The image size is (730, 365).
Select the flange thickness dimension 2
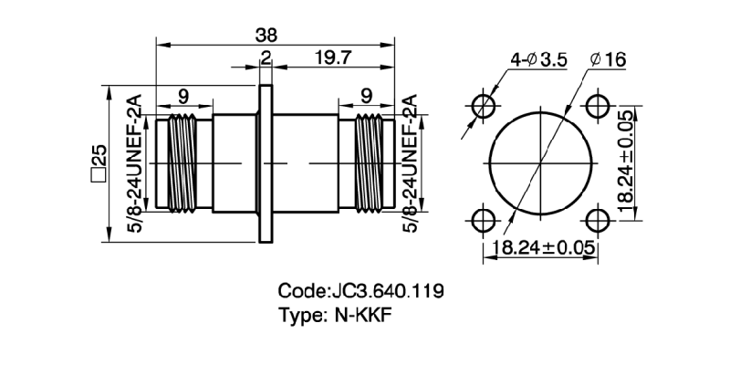266,58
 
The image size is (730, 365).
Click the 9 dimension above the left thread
183,94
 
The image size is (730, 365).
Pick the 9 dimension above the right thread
366,94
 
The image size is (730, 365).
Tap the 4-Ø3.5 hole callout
539,59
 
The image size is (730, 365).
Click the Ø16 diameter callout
608,59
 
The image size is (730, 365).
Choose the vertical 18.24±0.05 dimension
626,161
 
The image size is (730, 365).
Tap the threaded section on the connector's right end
367,162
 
